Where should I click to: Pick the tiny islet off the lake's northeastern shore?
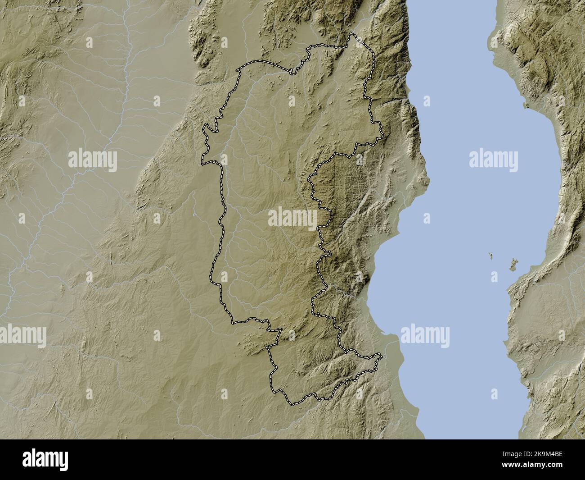526,105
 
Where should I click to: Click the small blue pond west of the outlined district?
193,215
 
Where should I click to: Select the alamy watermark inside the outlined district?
292,218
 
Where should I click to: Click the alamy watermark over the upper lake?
493,160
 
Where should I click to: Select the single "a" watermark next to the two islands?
495,276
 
